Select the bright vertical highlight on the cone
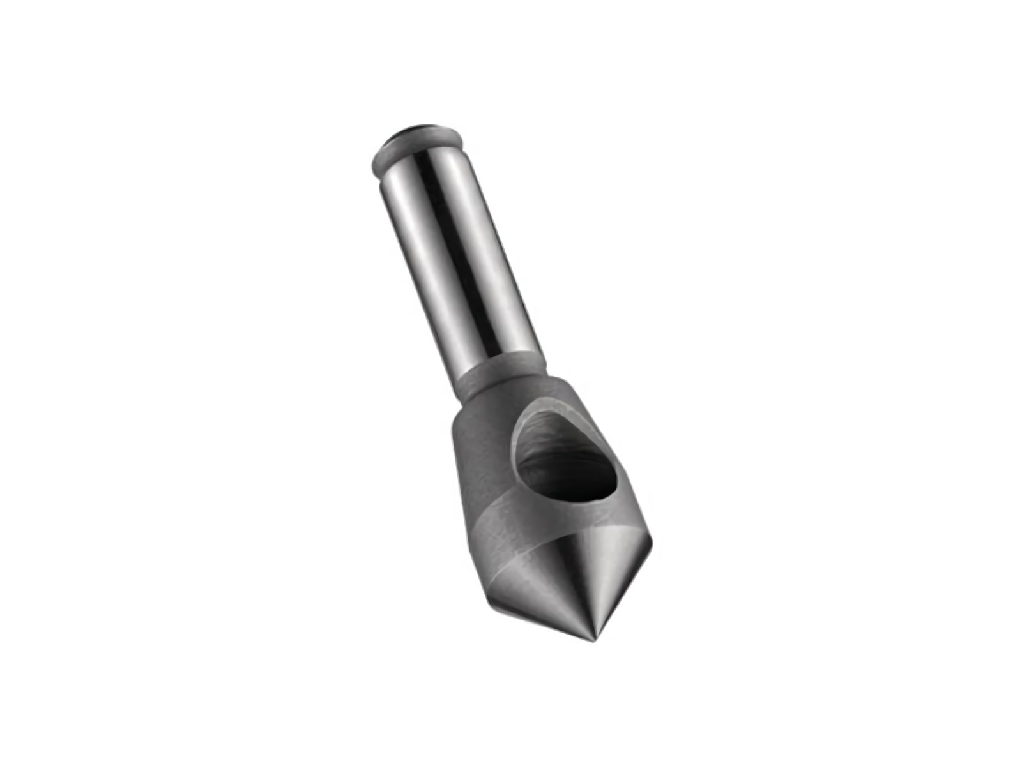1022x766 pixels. pyautogui.click(x=604, y=574)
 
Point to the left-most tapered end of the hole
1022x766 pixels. pyautogui.click(x=517, y=447)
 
